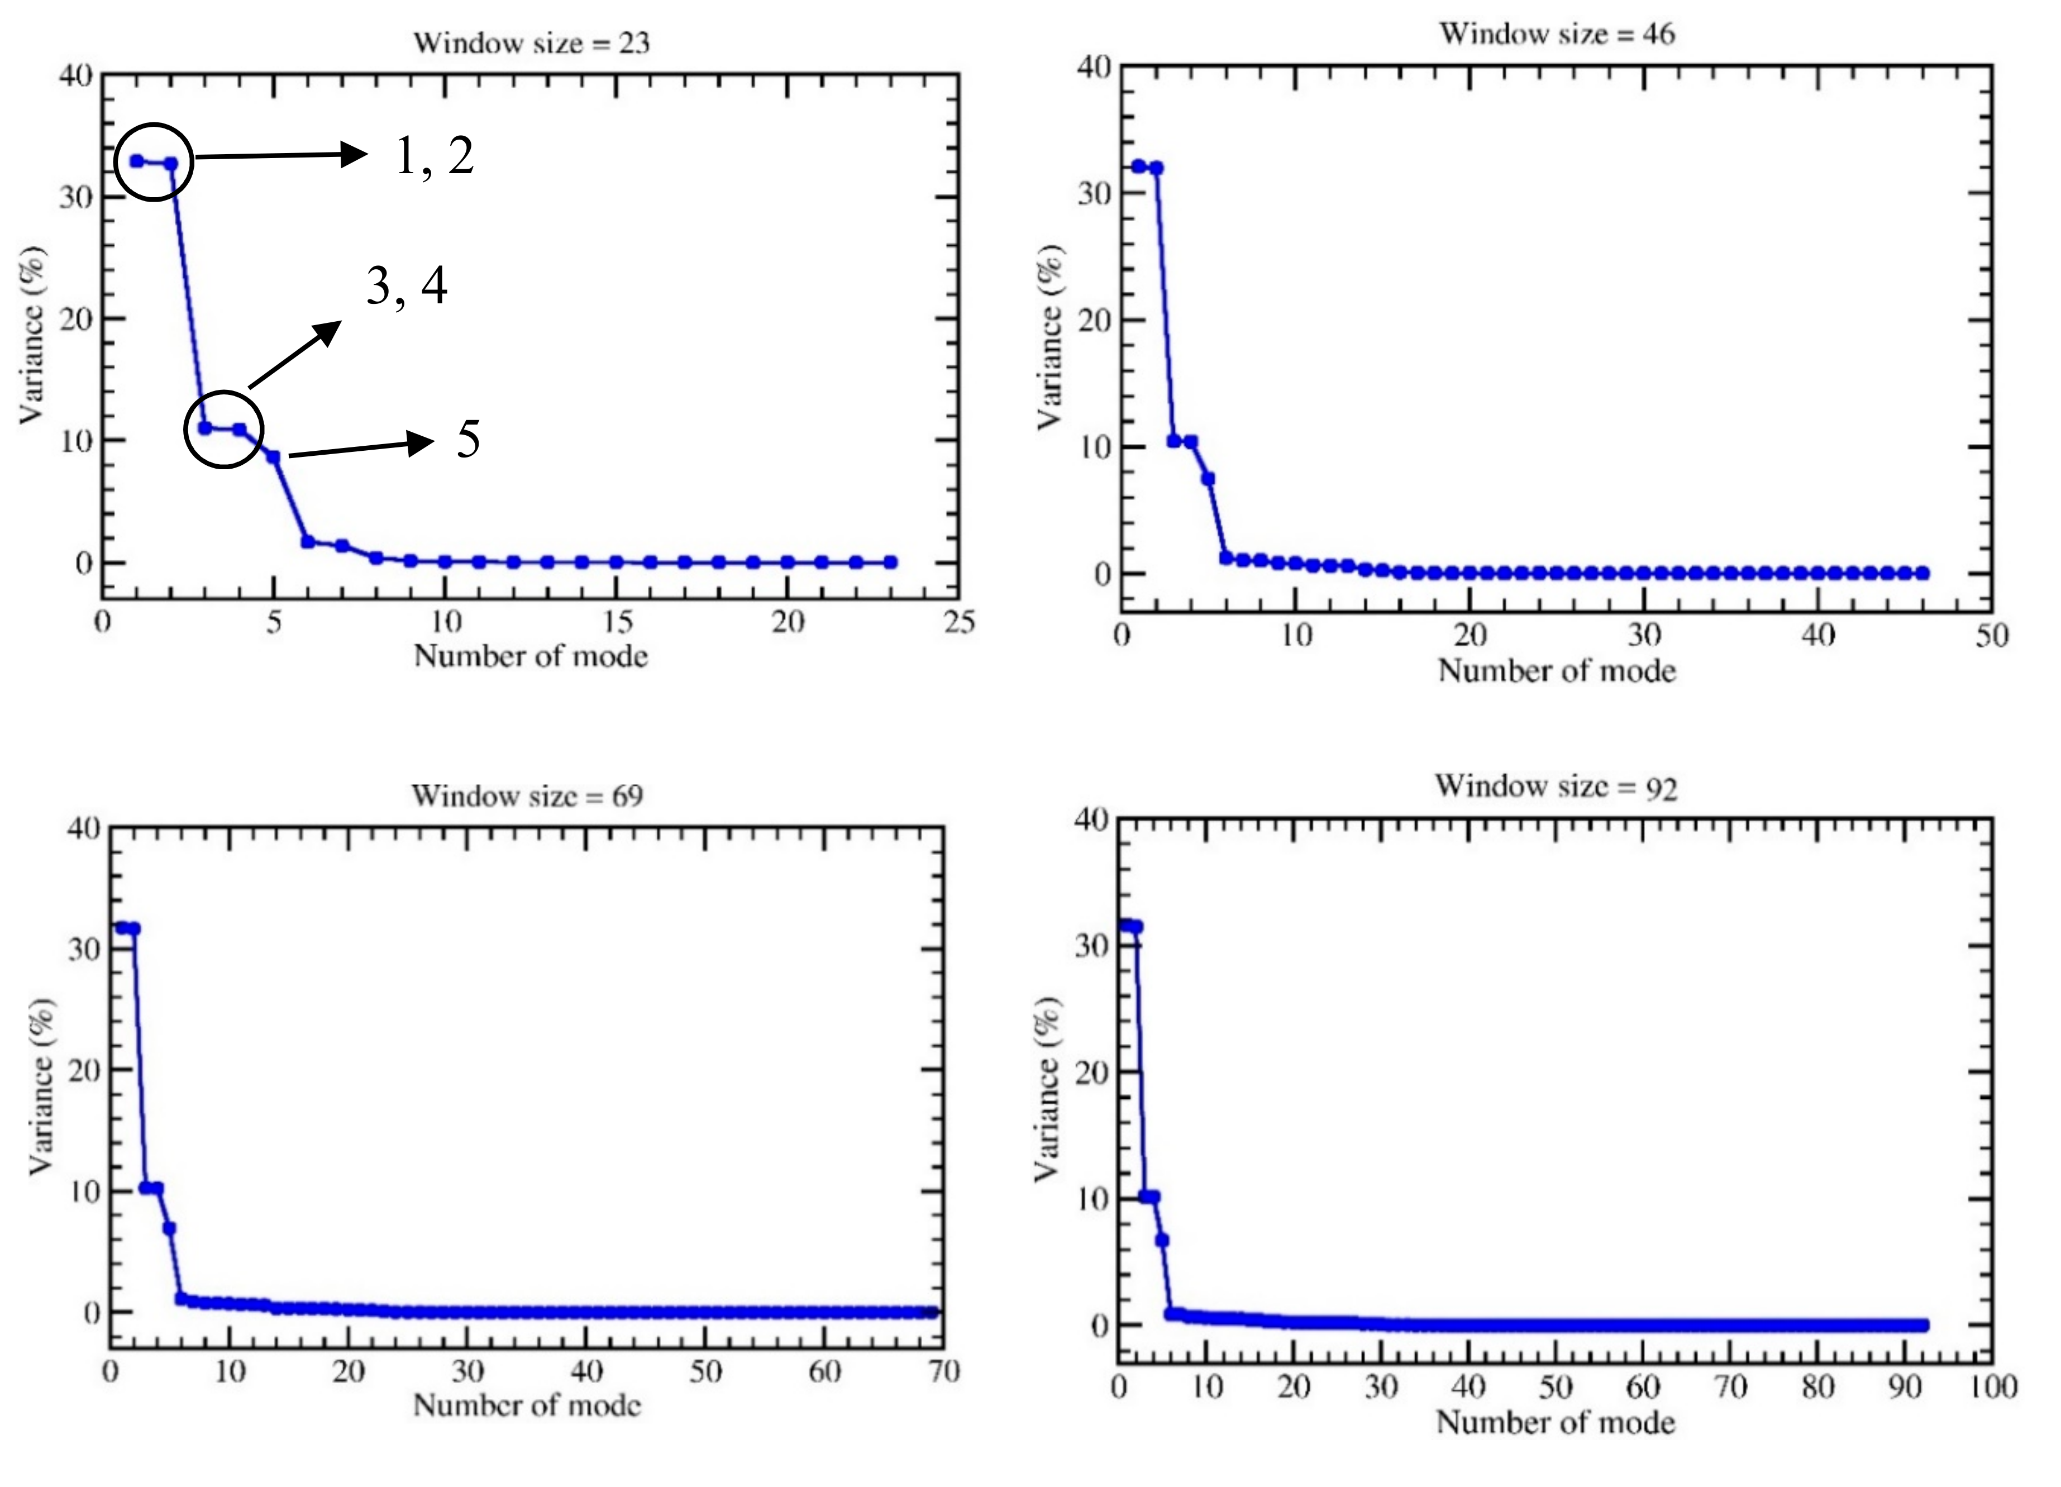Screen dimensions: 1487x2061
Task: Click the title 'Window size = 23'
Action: (x=532, y=42)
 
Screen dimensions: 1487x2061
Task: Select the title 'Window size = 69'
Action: (x=527, y=795)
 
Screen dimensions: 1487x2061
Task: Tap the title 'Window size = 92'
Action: (x=1556, y=786)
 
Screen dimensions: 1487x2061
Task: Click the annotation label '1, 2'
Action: (x=435, y=156)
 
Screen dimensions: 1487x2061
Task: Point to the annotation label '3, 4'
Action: (x=406, y=287)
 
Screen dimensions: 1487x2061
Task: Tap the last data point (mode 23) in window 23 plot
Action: (x=890, y=563)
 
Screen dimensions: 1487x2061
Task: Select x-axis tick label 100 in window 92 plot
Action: (x=1991, y=1387)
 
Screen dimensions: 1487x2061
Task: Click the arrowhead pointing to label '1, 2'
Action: (x=355, y=155)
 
